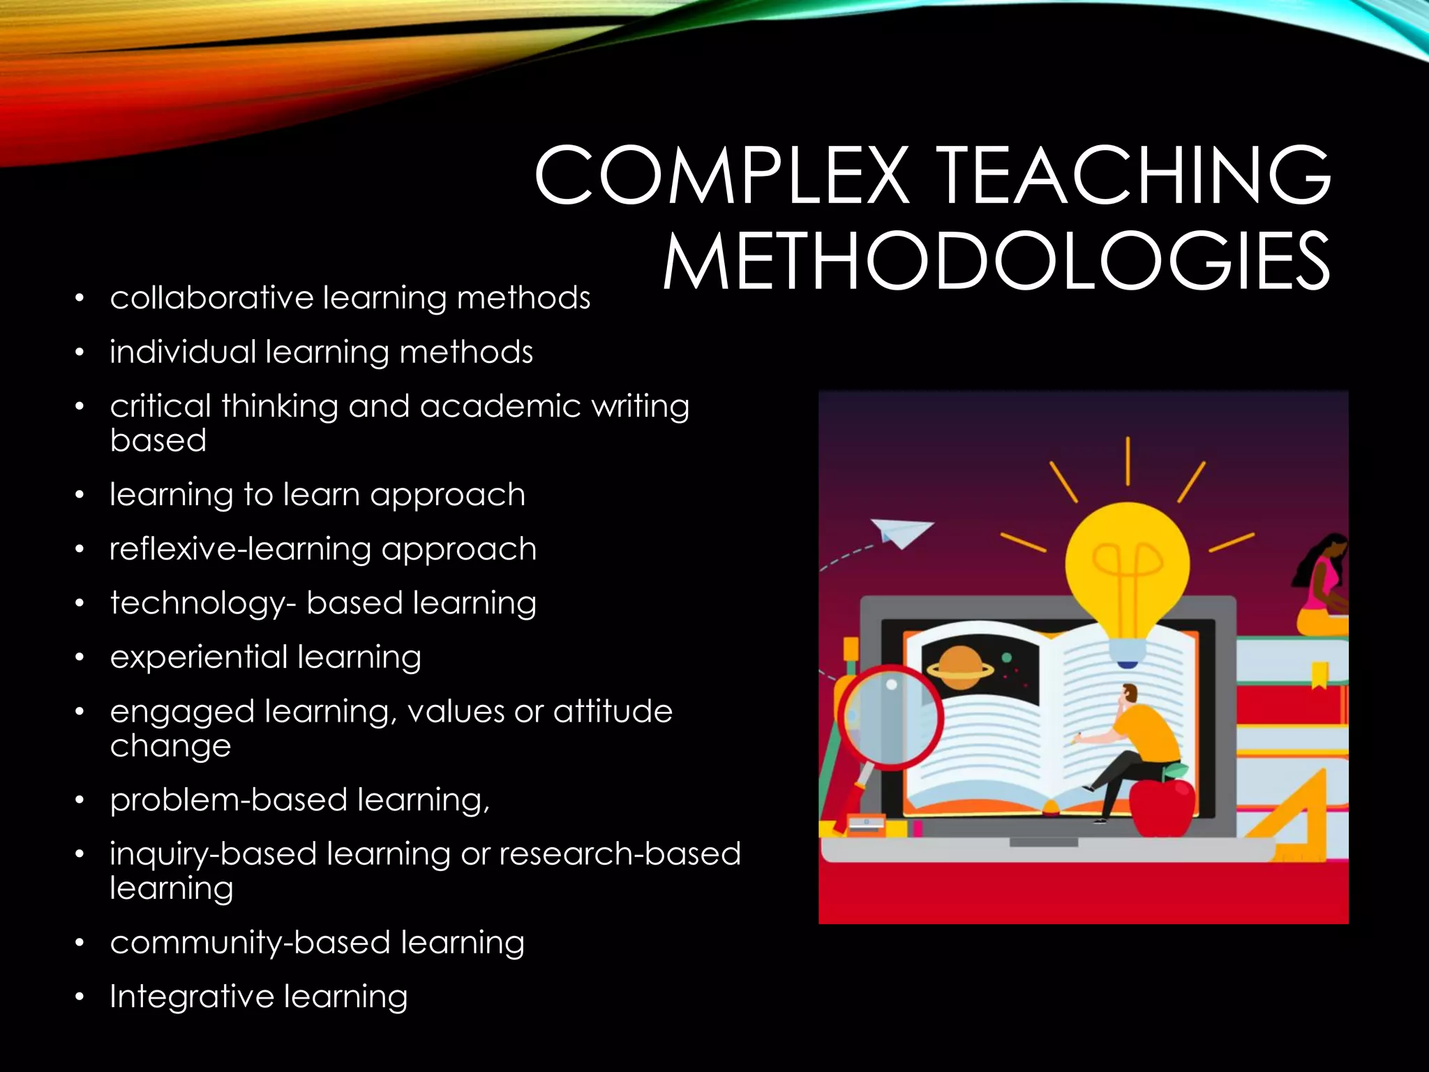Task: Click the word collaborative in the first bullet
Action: point(212,298)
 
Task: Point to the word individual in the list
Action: point(183,352)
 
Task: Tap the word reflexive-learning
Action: point(239,549)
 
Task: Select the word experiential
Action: point(198,657)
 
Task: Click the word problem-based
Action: point(228,801)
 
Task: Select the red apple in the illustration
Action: point(1162,806)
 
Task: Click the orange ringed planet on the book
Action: point(960,667)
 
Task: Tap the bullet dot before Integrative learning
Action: point(80,997)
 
